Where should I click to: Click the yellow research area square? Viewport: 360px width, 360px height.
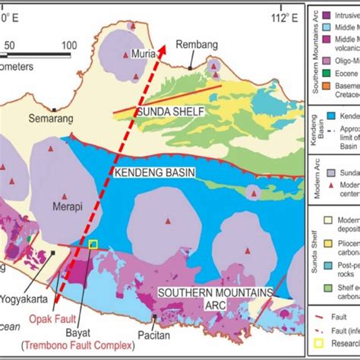click(x=93, y=244)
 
